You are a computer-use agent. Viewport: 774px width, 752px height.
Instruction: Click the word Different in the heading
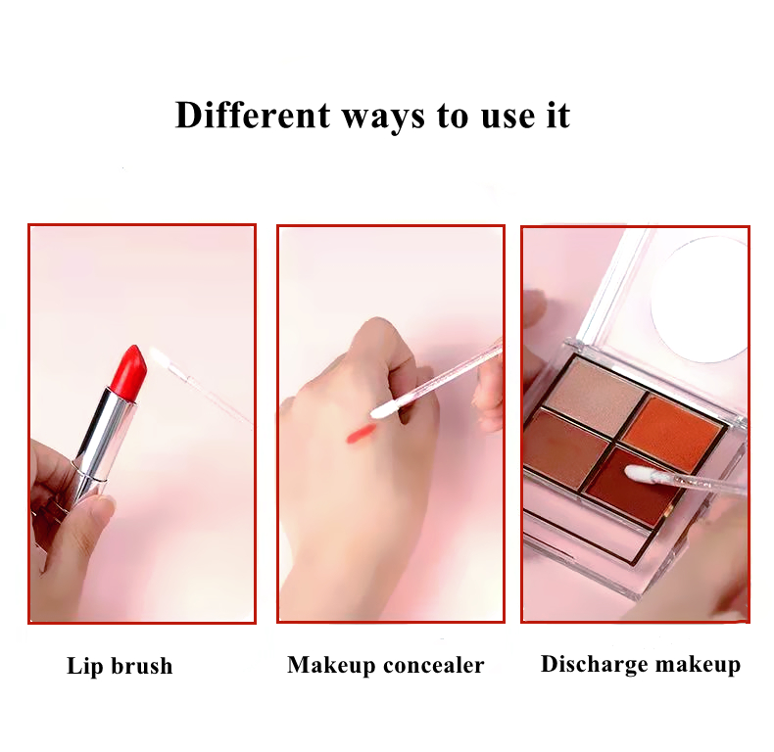[x=252, y=115]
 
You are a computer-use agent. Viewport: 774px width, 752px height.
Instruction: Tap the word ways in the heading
[x=383, y=118]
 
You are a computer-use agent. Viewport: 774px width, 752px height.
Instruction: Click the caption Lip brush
[x=120, y=666]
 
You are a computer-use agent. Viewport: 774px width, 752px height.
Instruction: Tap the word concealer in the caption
[x=433, y=665]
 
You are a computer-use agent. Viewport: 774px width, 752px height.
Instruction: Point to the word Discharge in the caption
[x=594, y=664]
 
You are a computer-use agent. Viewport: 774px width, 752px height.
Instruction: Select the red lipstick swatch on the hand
[x=360, y=433]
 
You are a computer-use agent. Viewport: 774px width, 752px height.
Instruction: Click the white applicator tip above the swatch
[x=385, y=409]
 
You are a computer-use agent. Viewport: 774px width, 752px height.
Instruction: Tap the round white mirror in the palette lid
[x=700, y=301]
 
